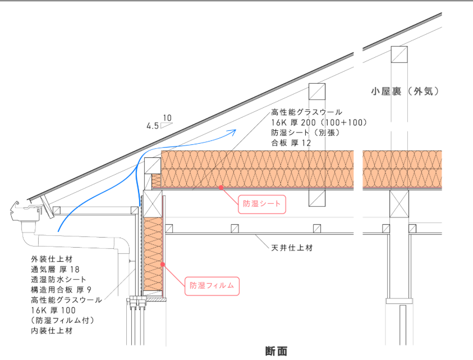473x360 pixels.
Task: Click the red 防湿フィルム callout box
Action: (x=212, y=285)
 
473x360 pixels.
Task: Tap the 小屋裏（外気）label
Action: (x=405, y=90)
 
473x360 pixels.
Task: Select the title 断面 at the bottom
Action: (x=276, y=352)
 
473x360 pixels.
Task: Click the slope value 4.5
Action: (x=153, y=126)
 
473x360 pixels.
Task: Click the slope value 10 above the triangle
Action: (x=167, y=119)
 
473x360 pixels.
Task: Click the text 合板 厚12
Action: (x=291, y=143)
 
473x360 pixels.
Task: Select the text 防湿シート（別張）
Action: (x=305, y=133)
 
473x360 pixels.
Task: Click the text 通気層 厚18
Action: (x=55, y=270)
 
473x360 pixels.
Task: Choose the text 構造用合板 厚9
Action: (x=61, y=290)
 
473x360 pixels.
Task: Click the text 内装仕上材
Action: (x=52, y=331)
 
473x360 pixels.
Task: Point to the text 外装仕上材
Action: (x=52, y=259)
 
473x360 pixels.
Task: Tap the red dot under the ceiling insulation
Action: (x=221, y=186)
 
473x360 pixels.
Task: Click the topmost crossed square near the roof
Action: (x=399, y=55)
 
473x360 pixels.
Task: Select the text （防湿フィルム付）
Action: (x=62, y=320)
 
